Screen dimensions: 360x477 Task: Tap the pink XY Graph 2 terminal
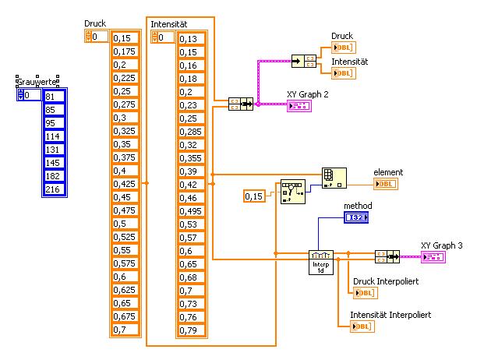pyautogui.click(x=299, y=106)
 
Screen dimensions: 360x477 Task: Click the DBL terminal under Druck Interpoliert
pyautogui.click(x=363, y=293)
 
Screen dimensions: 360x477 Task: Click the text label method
pyautogui.click(x=359, y=204)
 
